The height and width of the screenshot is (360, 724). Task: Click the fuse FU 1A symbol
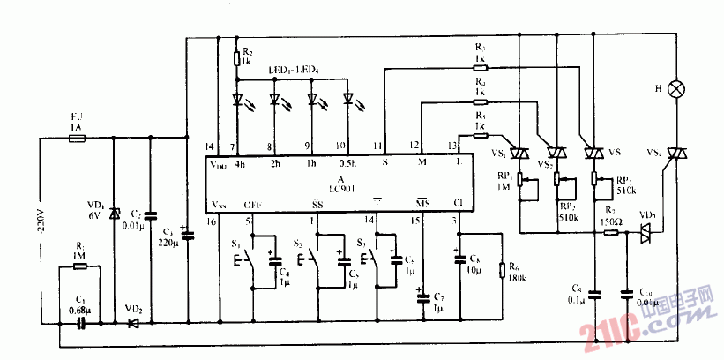(x=76, y=138)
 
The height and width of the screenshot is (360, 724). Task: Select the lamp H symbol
(x=677, y=89)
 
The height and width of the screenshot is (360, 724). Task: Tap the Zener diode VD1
(x=114, y=214)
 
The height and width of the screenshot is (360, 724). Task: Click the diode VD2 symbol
(x=133, y=324)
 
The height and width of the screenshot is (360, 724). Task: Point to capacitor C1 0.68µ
(x=80, y=324)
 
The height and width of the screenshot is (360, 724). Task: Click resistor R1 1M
(x=79, y=267)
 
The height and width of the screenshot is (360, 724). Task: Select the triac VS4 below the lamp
(x=676, y=154)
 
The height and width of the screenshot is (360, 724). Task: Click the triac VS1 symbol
(x=593, y=154)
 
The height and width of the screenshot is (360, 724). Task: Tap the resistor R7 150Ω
(x=610, y=233)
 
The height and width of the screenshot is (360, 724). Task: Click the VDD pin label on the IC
(x=216, y=165)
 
